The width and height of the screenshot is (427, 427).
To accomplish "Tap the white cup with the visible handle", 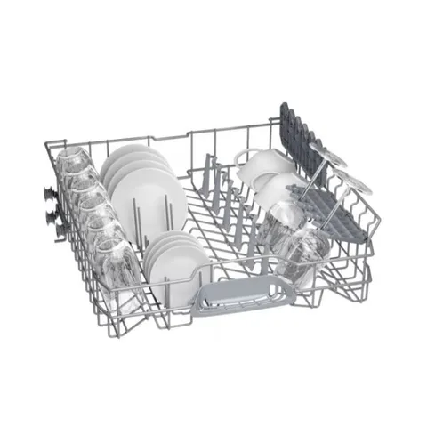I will pos(263,169).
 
